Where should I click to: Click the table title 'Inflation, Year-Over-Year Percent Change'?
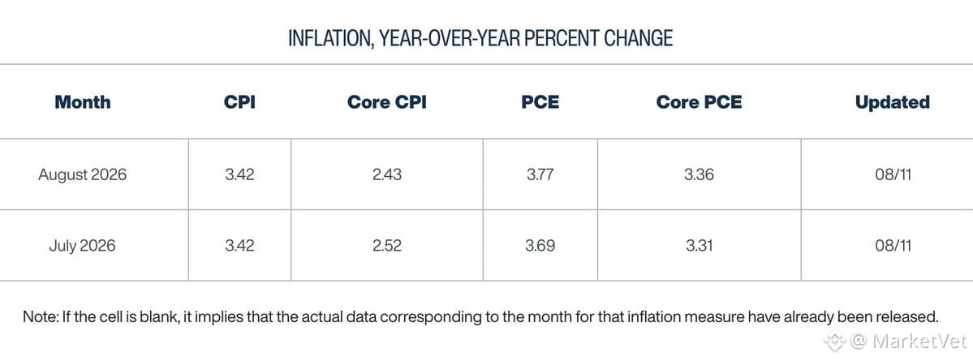pyautogui.click(x=480, y=38)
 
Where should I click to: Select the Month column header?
pyautogui.click(x=83, y=101)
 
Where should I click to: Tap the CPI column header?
pyautogui.click(x=239, y=101)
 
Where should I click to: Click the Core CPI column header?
pyautogui.click(x=386, y=101)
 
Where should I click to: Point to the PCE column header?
pyautogui.click(x=540, y=101)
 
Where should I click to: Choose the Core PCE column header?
pyautogui.click(x=699, y=101)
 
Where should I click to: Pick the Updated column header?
pyautogui.click(x=893, y=101)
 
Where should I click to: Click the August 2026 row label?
pyautogui.click(x=83, y=174)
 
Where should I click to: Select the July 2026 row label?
pyautogui.click(x=83, y=246)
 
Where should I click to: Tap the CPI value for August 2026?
pyautogui.click(x=239, y=174)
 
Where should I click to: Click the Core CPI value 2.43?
pyautogui.click(x=386, y=174)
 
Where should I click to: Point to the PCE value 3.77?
pyautogui.click(x=540, y=174)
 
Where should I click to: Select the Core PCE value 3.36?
pyautogui.click(x=699, y=174)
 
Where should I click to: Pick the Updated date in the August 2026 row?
pyautogui.click(x=893, y=174)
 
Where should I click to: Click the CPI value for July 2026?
pyautogui.click(x=239, y=246)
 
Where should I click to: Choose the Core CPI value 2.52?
pyautogui.click(x=386, y=246)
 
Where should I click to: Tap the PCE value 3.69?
pyautogui.click(x=540, y=246)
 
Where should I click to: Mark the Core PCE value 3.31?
pyautogui.click(x=699, y=246)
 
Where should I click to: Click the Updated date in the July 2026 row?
pyautogui.click(x=893, y=246)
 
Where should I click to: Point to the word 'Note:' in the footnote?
pyautogui.click(x=41, y=316)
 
